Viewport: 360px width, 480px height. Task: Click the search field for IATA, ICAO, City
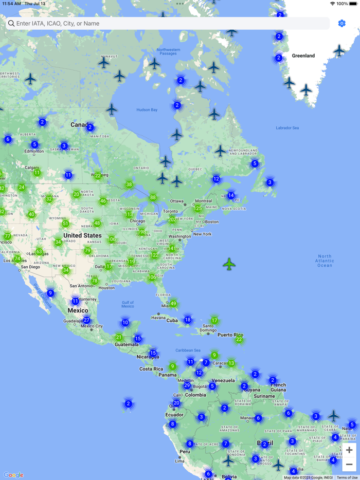click(x=167, y=24)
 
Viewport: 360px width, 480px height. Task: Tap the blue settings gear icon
click(x=342, y=24)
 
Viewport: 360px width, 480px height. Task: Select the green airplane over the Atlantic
click(x=229, y=264)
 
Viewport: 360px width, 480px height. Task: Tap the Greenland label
click(x=303, y=56)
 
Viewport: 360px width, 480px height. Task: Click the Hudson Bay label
click(x=147, y=109)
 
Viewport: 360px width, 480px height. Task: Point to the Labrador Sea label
click(x=287, y=128)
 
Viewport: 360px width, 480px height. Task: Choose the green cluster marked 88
click(x=153, y=197)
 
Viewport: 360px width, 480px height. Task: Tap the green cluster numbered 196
click(x=142, y=232)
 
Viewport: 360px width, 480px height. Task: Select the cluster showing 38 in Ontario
click(x=129, y=184)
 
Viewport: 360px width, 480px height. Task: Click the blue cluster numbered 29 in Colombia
click(x=187, y=385)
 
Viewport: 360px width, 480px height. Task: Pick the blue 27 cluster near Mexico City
click(x=86, y=320)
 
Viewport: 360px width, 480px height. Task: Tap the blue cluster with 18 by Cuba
click(x=188, y=320)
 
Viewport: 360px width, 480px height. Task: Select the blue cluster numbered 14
click(x=231, y=195)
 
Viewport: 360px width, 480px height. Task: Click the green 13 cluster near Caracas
click(x=231, y=363)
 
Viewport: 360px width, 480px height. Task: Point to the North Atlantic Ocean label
click(x=325, y=261)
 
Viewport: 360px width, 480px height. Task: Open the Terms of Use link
click(x=347, y=477)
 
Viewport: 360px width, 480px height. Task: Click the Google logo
click(x=13, y=475)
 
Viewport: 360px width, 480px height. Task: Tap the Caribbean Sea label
click(x=187, y=350)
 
